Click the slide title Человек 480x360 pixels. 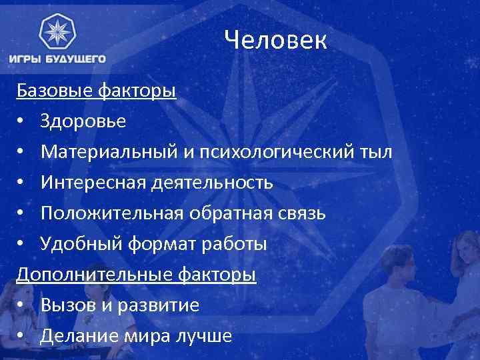[x=276, y=41]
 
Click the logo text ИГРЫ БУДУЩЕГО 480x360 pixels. [x=57, y=59]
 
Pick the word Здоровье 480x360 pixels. [x=83, y=121]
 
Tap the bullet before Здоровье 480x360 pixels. [x=21, y=121]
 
